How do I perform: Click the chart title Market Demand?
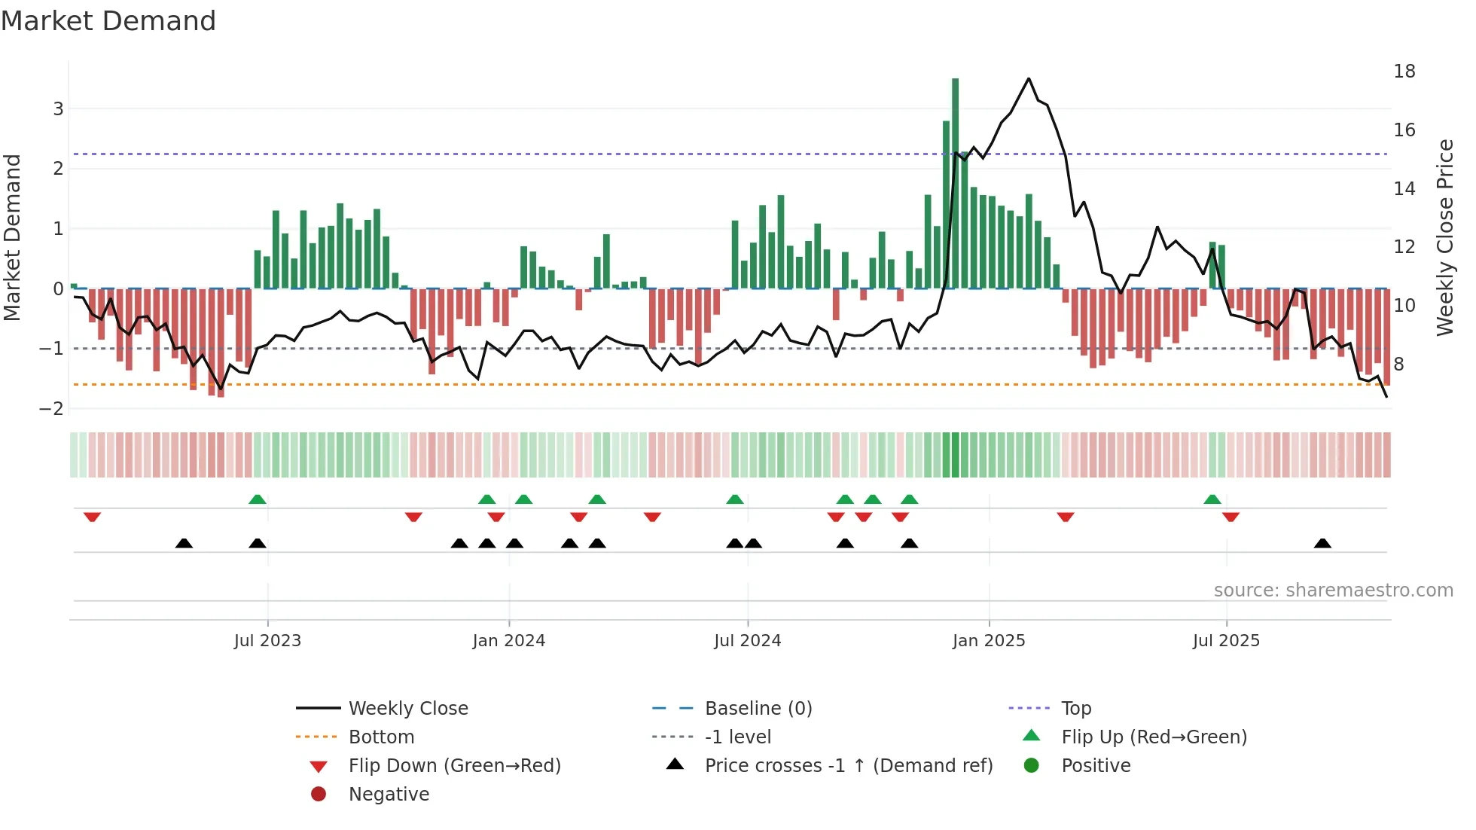pos(108,21)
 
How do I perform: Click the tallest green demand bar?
pos(955,181)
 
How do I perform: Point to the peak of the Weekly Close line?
pos(1029,78)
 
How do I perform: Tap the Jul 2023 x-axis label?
pos(267,641)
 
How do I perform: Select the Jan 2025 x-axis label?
pos(989,641)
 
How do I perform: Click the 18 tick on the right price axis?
pos(1404,72)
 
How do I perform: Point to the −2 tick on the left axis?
pos(52,409)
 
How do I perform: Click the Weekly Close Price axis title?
pos(1444,237)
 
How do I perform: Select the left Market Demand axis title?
pos(13,237)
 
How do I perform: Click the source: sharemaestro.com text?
pos(1333,590)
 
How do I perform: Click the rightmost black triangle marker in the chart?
pos(1322,543)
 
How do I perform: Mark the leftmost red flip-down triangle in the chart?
pos(92,517)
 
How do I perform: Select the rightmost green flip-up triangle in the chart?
pos(1212,499)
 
